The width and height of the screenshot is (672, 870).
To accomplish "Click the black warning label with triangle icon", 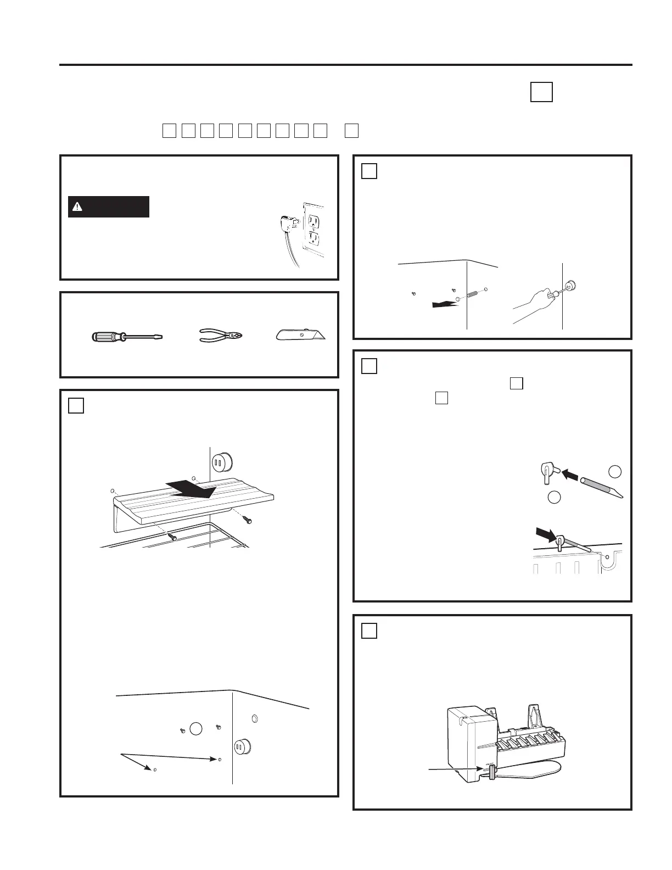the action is coord(109,207).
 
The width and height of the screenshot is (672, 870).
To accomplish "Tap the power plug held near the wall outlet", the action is coord(287,224).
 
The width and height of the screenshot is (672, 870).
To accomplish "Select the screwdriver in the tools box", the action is coord(126,336).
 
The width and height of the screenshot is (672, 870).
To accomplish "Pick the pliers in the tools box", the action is coord(221,335).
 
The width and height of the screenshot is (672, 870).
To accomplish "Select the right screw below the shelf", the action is coord(249,518).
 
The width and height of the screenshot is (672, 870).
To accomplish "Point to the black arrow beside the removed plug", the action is coord(444,303).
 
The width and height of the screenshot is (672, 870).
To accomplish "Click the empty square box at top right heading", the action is coord(541,92).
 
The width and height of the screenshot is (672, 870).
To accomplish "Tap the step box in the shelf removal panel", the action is coord(76,405).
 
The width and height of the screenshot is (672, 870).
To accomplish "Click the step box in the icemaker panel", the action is coord(369,631).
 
